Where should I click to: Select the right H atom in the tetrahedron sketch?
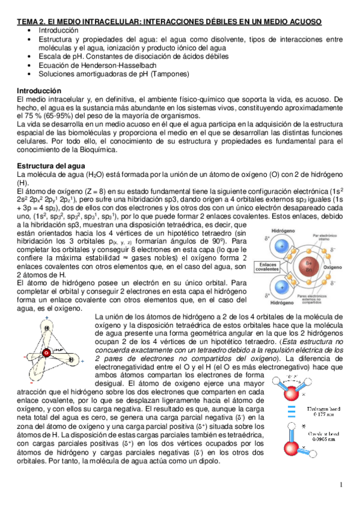click(x=71, y=360)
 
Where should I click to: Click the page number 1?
click(x=341, y=485)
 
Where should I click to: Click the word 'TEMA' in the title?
click(x=26, y=22)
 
